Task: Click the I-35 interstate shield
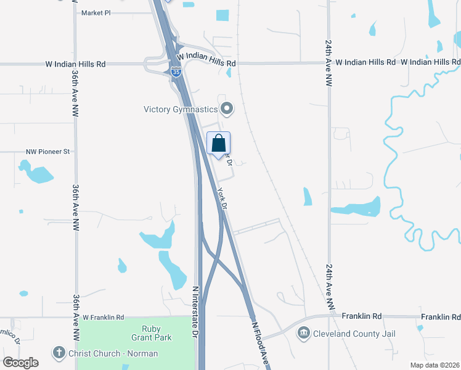pyautogui.click(x=176, y=72)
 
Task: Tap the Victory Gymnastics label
pyautogui.click(x=181, y=110)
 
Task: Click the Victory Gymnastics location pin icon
pyautogui.click(x=227, y=109)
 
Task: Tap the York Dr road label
pyautogui.click(x=223, y=197)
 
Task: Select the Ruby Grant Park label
pyautogui.click(x=151, y=333)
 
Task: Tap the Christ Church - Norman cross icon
pyautogui.click(x=59, y=353)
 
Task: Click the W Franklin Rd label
pyautogui.click(x=104, y=318)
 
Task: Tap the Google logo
pyautogui.click(x=20, y=363)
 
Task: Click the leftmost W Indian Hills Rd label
pyautogui.click(x=75, y=64)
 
